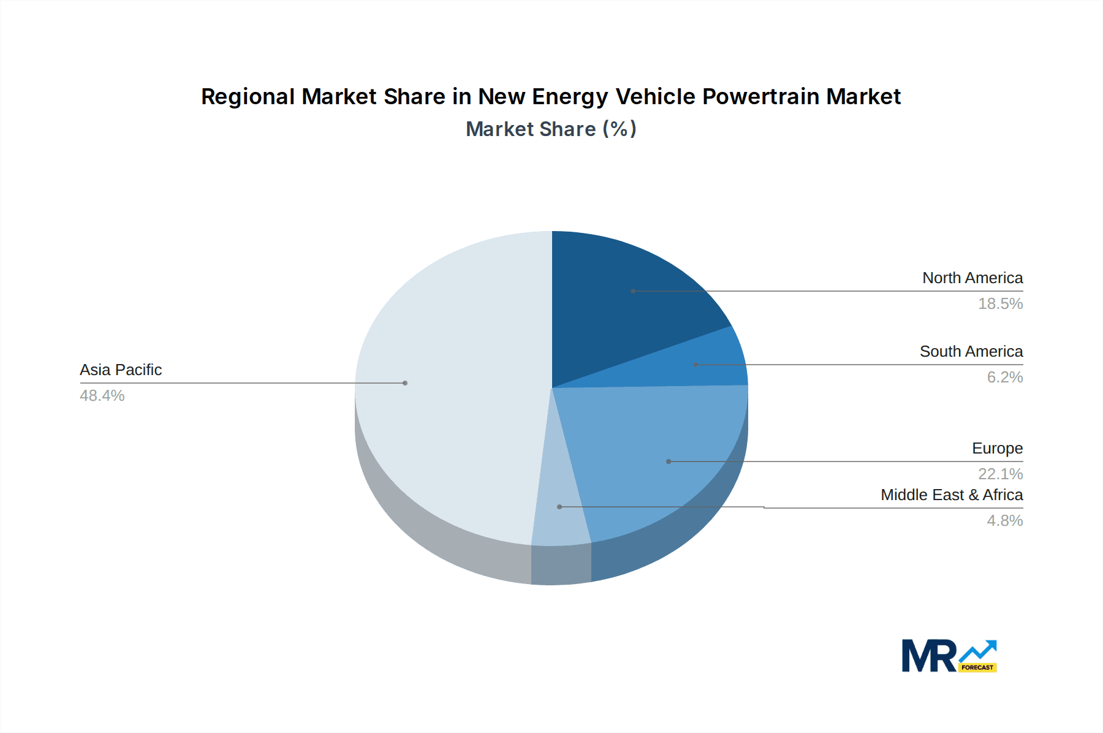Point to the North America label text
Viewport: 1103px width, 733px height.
[972, 278]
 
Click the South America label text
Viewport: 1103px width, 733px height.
[971, 352]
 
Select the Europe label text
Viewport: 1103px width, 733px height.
[997, 449]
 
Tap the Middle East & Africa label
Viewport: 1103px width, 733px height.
[952, 495]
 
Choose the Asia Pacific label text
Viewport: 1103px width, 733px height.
[121, 370]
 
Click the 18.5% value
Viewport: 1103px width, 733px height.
[1000, 304]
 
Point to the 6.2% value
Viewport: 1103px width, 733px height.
[1004, 378]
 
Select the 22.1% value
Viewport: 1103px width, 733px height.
[1000, 474]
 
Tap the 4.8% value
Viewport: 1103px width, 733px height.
[1004, 521]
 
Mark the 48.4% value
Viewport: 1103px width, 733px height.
[102, 396]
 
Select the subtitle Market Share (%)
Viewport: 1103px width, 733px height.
[551, 129]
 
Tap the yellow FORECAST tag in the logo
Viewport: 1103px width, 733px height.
[977, 667]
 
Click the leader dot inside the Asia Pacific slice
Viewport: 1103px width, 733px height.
[405, 383]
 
